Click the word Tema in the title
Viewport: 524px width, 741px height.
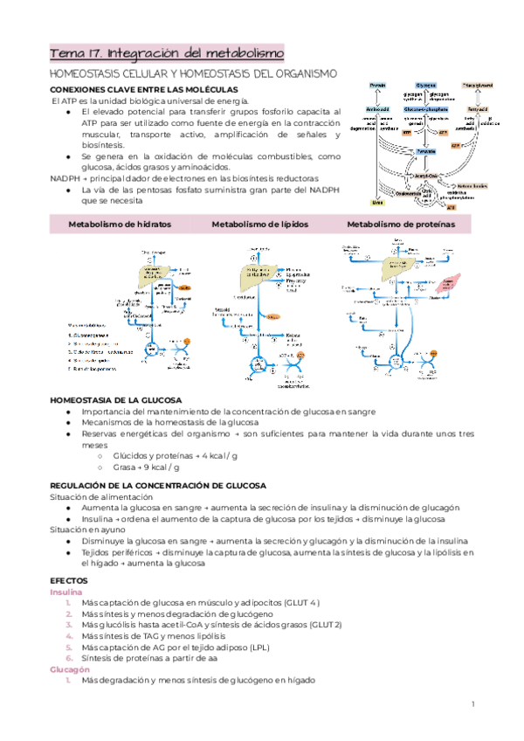65,53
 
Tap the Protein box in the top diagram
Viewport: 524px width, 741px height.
377,86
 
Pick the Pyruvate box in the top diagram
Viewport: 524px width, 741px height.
426,151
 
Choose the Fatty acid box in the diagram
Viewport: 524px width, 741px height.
476,108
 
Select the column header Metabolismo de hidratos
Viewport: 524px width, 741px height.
119,225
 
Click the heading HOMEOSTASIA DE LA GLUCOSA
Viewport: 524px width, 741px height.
115,398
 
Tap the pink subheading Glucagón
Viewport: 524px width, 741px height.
70,668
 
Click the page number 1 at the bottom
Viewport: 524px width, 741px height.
472,704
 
